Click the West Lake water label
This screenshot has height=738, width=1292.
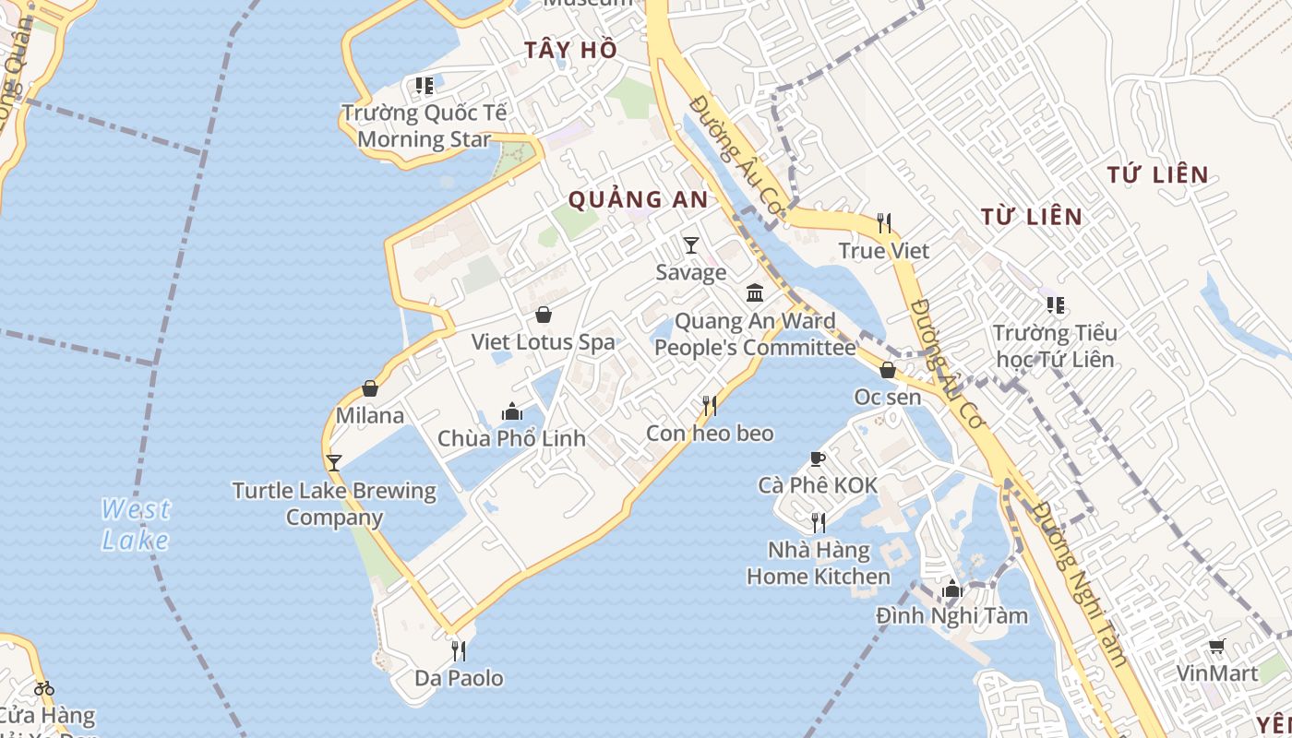coord(136,524)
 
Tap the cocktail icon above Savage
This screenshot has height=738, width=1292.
coord(690,245)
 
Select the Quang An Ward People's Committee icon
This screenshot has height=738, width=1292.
coord(755,293)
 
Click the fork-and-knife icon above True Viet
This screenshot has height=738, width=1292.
coord(884,222)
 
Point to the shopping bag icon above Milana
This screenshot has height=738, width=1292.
coord(370,388)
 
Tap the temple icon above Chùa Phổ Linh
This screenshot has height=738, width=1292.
coord(511,411)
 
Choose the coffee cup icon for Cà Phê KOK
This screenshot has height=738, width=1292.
coord(817,458)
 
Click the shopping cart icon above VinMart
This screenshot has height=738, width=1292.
coord(1217,647)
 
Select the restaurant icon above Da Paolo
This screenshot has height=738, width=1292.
coord(458,651)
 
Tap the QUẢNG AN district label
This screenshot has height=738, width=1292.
coord(638,199)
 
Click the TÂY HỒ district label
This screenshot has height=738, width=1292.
coord(570,50)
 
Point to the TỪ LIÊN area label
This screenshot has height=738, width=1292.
coord(1031,217)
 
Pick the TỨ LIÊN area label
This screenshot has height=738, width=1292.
coord(1157,174)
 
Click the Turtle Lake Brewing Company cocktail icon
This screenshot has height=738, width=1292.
coord(334,462)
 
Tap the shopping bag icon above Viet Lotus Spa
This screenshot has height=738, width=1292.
coord(544,315)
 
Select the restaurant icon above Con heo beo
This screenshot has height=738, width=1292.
coord(710,405)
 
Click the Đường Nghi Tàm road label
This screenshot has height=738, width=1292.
coord(1080,584)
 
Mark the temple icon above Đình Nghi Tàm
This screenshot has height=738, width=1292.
coord(952,589)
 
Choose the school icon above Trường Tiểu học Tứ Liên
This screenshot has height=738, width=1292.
coord(1056,305)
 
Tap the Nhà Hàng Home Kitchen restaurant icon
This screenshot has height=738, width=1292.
coord(818,523)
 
